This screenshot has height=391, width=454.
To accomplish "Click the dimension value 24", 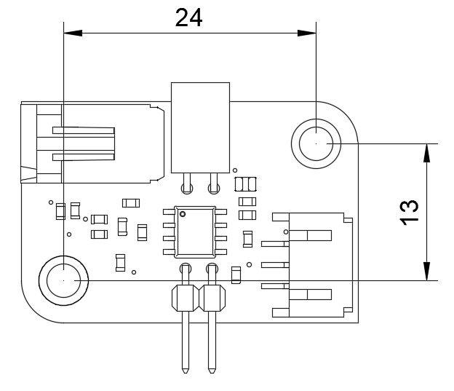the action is click(x=188, y=18).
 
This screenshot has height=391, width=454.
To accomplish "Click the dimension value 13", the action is click(x=409, y=213).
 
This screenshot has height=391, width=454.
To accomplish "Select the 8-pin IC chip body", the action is click(x=195, y=232).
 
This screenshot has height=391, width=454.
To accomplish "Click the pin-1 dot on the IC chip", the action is click(x=183, y=214).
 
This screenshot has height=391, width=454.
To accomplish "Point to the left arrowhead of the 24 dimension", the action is click(x=73, y=33).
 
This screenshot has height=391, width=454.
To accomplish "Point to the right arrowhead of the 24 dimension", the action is click(x=307, y=33).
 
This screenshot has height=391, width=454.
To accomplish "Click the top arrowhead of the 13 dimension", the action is click(x=427, y=153).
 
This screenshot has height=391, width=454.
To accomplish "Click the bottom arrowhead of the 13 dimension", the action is click(x=427, y=272).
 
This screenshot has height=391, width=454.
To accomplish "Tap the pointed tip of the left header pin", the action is click(x=186, y=372).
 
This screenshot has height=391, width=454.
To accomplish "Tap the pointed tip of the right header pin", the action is click(x=212, y=372).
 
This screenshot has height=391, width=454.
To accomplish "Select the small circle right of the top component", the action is click(x=235, y=170).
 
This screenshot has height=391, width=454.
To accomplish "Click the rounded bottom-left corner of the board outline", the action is click(x=33, y=310).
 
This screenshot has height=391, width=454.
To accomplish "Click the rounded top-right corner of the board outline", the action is click(x=346, y=114).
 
